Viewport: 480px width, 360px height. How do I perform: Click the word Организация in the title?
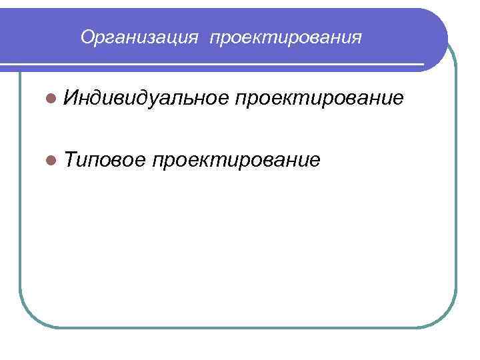(139, 37)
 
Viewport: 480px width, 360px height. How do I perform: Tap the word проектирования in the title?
(286, 38)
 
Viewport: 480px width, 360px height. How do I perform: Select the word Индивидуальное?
(147, 99)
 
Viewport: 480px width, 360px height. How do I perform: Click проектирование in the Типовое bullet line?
(237, 161)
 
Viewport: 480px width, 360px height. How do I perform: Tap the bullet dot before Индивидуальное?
(53, 99)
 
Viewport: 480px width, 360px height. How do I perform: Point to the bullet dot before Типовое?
(53, 161)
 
